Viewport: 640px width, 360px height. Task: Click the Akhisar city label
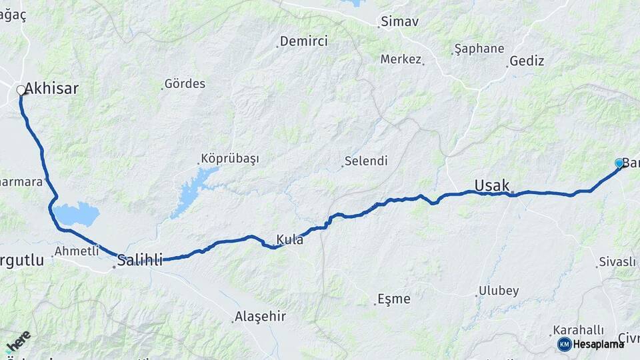pyautogui.click(x=52, y=89)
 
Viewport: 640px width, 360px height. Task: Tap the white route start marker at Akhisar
pyautogui.click(x=21, y=89)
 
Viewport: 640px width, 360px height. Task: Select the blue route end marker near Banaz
pyautogui.click(x=619, y=163)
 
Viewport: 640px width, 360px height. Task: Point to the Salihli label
pyautogui.click(x=140, y=260)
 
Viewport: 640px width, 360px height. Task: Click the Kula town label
pyautogui.click(x=290, y=239)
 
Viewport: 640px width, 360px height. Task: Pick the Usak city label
pyautogui.click(x=492, y=185)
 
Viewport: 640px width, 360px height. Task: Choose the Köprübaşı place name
pyautogui.click(x=230, y=159)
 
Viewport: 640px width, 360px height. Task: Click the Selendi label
pyautogui.click(x=366, y=161)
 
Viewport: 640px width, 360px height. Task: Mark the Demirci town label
pyautogui.click(x=304, y=41)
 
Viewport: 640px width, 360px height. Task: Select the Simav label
pyautogui.click(x=401, y=22)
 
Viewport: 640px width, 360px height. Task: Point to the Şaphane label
pyautogui.click(x=479, y=49)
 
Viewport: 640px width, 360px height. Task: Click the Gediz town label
pyautogui.click(x=527, y=61)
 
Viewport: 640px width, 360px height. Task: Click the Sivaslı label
pyautogui.click(x=618, y=262)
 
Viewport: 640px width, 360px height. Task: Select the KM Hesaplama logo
pyautogui.click(x=591, y=344)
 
